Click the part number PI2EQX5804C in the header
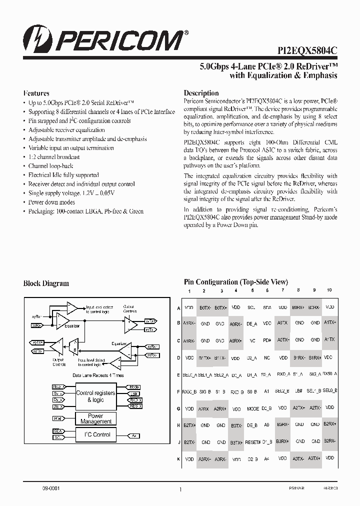(307, 50)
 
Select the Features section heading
(36, 93)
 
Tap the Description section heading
(201, 93)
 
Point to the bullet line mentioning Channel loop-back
(51, 166)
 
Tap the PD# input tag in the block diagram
(57, 418)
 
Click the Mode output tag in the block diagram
(134, 387)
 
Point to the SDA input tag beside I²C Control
(57, 430)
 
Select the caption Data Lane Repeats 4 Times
(98, 374)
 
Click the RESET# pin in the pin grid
(253, 442)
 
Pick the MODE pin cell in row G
(253, 408)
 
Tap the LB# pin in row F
(298, 391)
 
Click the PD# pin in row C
(267, 340)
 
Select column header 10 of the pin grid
(329, 290)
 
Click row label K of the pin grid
(179, 459)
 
